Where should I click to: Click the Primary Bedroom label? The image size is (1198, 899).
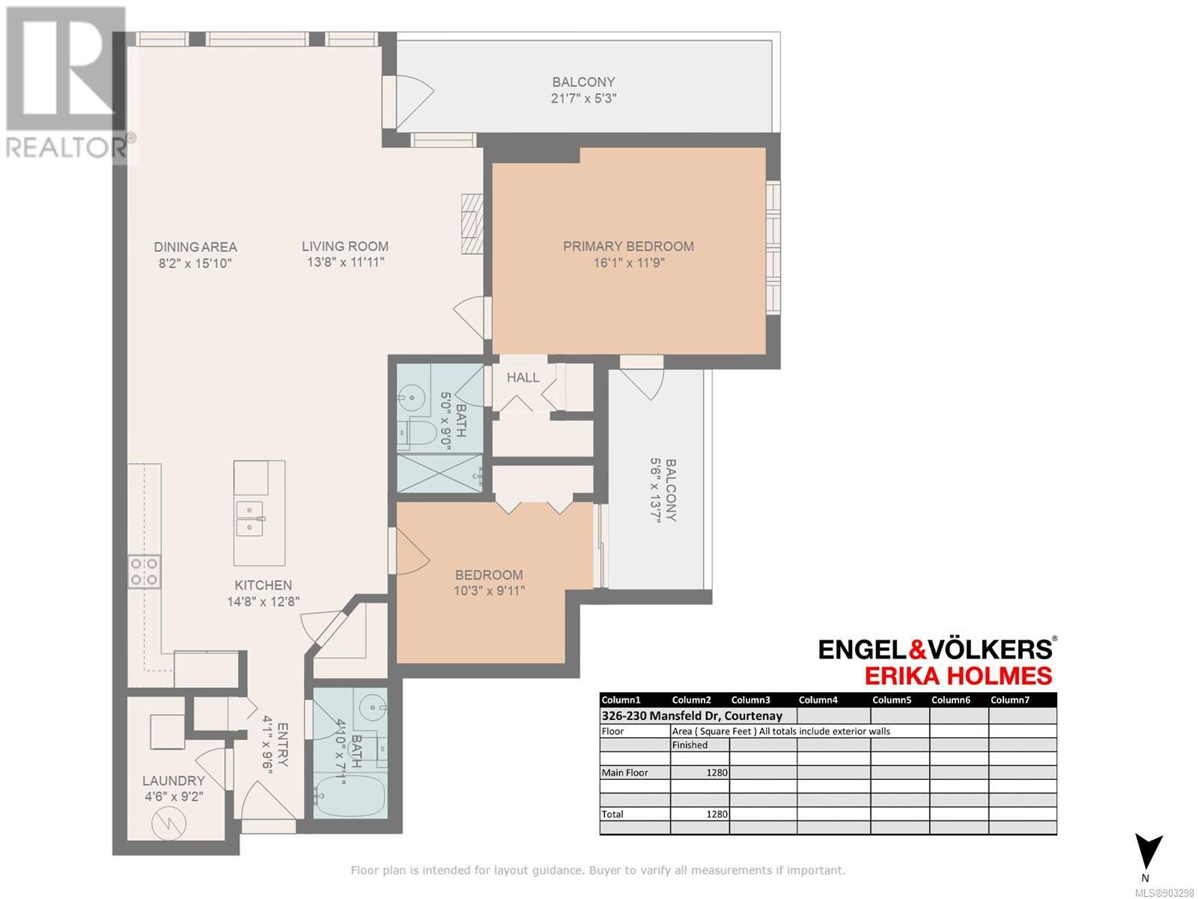click(628, 246)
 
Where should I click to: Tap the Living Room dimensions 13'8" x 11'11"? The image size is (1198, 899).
click(345, 262)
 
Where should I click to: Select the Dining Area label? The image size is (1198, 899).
click(195, 246)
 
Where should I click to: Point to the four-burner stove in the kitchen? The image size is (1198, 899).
click(144, 572)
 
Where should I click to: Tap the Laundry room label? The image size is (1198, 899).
click(174, 781)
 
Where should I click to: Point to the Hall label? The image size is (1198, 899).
click(523, 377)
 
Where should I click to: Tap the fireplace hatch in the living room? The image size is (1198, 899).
click(472, 223)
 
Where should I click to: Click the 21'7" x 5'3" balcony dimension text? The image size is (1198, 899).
click(583, 99)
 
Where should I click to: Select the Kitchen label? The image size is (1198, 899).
click(263, 585)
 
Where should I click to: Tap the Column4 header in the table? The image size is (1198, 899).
click(818, 700)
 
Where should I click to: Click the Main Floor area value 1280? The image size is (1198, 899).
click(716, 772)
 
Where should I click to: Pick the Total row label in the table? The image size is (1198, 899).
click(612, 814)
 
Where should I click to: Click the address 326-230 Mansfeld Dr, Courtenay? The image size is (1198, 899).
click(692, 715)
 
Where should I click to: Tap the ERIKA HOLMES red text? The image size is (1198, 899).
click(958, 676)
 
